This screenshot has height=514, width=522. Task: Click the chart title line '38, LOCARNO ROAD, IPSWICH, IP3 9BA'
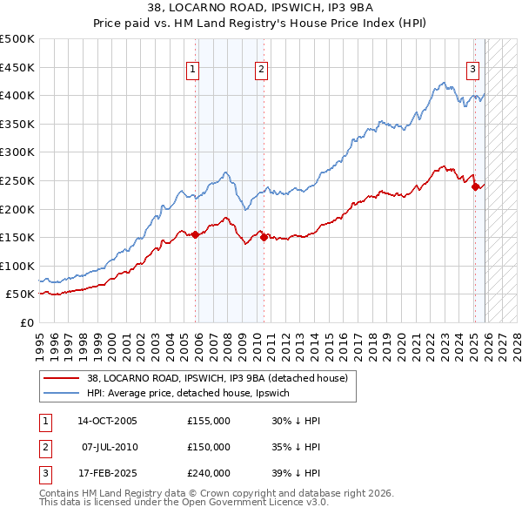[x=261, y=9]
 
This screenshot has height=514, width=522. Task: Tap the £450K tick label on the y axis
[x=17, y=67]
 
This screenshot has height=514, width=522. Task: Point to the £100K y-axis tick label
[x=17, y=266]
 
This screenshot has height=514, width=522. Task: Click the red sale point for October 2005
[x=195, y=234]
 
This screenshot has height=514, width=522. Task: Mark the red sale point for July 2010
[x=264, y=236]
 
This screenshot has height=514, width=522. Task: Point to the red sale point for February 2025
[x=476, y=186]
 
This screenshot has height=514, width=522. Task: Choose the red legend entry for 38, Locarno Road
[x=217, y=378]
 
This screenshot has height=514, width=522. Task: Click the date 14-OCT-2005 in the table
[x=107, y=421]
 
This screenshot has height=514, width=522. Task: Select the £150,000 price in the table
[x=209, y=447]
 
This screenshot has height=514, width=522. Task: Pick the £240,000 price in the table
[x=209, y=473]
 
